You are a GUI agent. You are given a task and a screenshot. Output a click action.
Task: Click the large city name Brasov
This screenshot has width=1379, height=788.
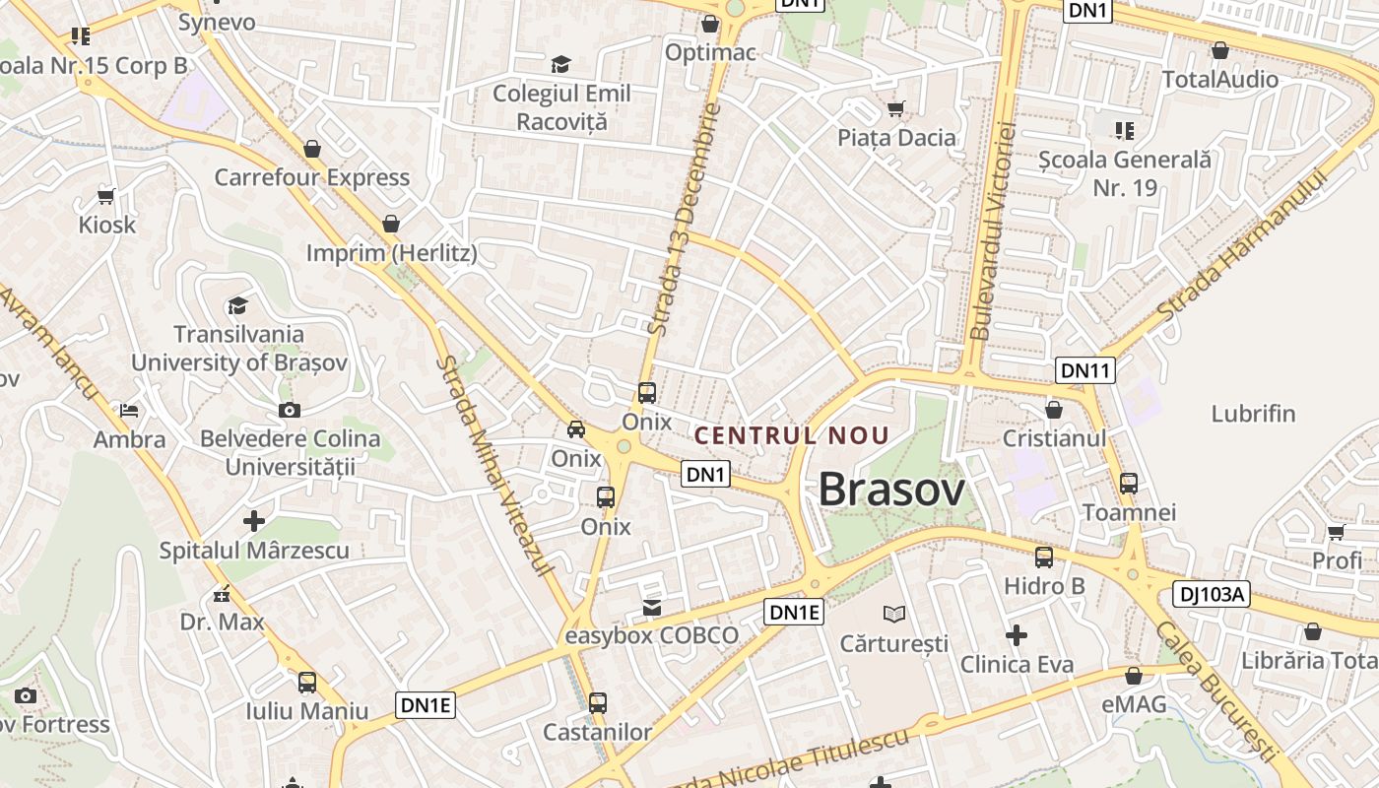click(x=891, y=489)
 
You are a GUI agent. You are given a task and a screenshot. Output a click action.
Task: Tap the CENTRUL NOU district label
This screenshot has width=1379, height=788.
click(x=792, y=435)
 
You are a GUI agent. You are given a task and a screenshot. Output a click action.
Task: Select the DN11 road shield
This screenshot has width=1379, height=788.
click(x=1084, y=370)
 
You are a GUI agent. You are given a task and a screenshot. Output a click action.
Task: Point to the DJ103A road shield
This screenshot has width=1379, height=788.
click(x=1212, y=594)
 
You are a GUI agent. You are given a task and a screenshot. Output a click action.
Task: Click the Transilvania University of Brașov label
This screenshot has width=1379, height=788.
click(x=239, y=348)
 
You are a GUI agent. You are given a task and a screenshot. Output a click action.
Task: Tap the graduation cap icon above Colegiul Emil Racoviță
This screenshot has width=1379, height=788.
click(x=560, y=65)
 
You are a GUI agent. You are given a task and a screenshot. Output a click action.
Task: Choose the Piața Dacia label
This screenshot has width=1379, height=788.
click(x=896, y=137)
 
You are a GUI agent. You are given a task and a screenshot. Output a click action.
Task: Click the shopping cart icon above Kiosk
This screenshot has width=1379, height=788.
click(x=106, y=196)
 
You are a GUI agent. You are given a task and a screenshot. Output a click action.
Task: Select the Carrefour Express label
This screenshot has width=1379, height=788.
click(x=311, y=177)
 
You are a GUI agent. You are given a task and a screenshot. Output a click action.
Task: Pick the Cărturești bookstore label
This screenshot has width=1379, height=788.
click(x=893, y=643)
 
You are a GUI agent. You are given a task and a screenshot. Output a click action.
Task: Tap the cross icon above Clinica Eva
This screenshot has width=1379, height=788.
click(x=1016, y=635)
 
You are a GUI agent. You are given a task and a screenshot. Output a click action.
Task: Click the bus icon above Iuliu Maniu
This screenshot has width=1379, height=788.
click(x=307, y=682)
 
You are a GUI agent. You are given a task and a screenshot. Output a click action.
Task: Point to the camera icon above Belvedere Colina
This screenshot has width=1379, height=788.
click(x=289, y=410)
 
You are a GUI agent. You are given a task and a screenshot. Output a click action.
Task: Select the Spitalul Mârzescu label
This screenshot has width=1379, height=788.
click(x=254, y=550)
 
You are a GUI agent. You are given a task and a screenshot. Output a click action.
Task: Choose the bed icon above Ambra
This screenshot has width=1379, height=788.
click(x=129, y=410)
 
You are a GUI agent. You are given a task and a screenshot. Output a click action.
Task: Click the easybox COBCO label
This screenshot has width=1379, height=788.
click(x=651, y=635)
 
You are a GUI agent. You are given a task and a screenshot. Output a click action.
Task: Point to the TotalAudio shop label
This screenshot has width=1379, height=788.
click(x=1219, y=79)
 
